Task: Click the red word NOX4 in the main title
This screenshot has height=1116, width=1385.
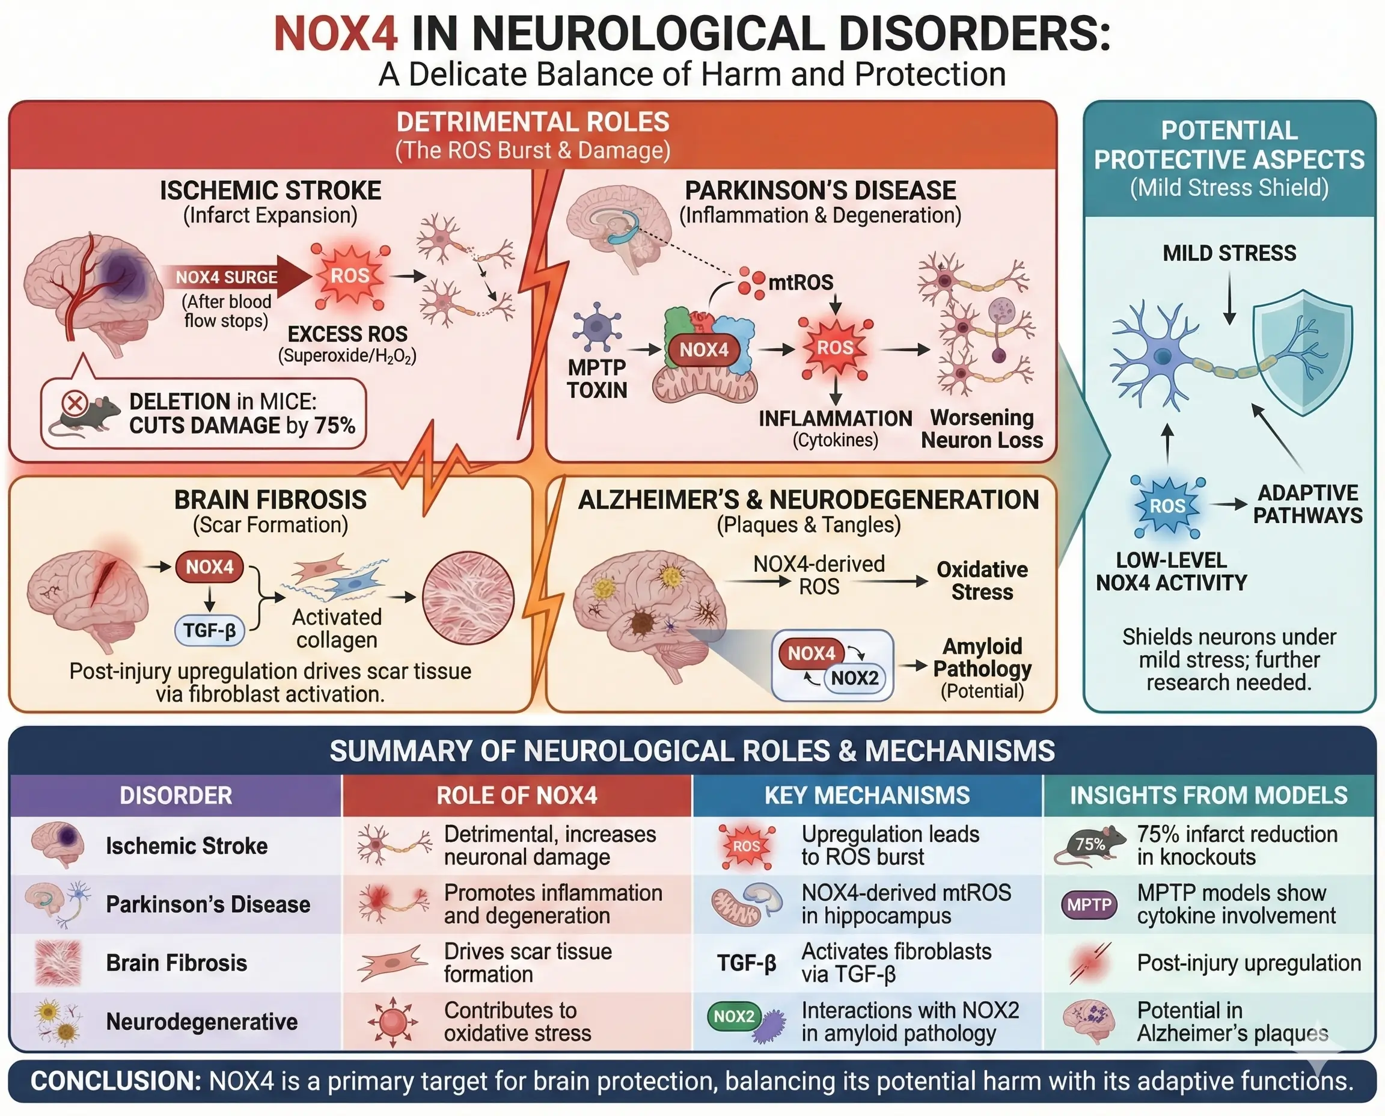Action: [x=335, y=34]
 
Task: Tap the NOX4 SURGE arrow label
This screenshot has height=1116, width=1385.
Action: [x=226, y=277]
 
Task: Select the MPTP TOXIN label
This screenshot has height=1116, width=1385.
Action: [x=596, y=379]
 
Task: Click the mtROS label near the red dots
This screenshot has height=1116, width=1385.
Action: [x=800, y=282]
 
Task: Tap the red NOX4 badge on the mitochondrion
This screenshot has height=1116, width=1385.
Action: [x=704, y=350]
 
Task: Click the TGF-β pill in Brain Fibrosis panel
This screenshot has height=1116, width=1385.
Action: [x=210, y=630]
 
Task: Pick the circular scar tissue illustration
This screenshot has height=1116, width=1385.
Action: [x=468, y=598]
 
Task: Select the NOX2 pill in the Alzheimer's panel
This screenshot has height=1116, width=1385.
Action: [x=854, y=678]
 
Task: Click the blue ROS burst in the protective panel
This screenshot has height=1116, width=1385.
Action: [x=1167, y=506]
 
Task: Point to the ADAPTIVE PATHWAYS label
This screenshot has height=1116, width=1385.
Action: [x=1307, y=504]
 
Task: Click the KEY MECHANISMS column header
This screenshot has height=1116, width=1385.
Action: [x=866, y=796]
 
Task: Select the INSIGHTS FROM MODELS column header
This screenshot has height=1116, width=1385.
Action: [x=1208, y=796]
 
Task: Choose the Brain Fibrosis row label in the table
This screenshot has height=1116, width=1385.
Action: [x=176, y=963]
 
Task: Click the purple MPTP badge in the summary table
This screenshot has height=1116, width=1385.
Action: [x=1089, y=904]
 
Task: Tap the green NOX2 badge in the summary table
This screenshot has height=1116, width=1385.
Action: [x=734, y=1016]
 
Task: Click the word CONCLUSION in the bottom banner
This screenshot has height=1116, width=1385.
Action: [x=115, y=1081]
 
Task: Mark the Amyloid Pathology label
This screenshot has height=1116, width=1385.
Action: [x=982, y=658]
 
